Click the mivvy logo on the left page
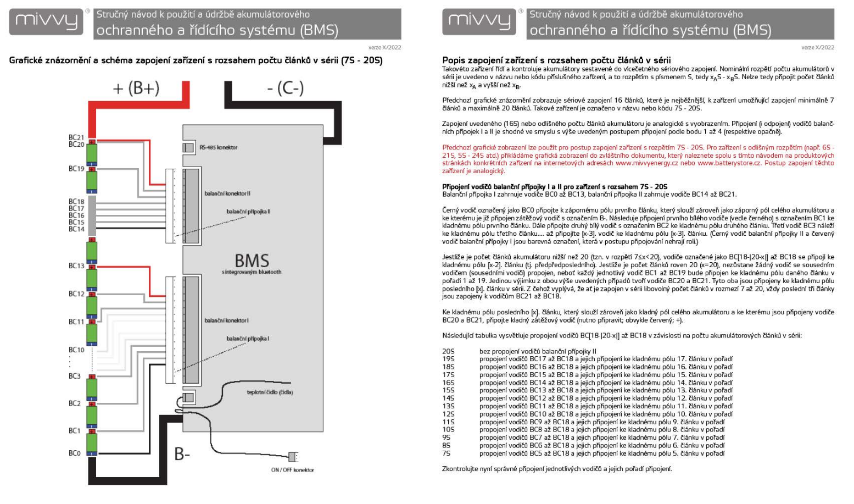[46, 22]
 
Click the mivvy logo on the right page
[479, 22]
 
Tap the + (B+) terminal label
[136, 88]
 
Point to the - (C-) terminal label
[285, 88]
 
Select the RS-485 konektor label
[218, 147]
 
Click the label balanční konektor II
[227, 193]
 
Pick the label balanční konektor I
[226, 320]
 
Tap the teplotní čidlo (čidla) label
[270, 392]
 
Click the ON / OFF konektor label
[292, 470]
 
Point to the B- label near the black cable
[182, 454]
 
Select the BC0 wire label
[75, 453]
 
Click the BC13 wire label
[76, 265]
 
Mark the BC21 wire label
[76, 137]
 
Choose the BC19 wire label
[76, 169]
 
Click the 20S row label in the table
[448, 351]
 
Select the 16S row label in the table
[448, 383]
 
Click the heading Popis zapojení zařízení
[556, 60]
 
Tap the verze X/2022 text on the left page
[384, 48]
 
